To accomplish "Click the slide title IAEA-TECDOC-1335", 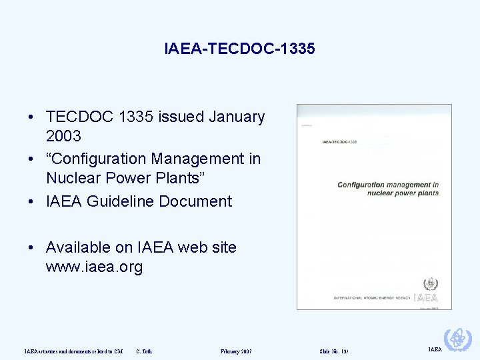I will [239, 49].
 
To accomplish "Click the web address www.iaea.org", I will [94, 268].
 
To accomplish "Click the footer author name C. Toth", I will [144, 351].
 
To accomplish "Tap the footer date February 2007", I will [236, 351].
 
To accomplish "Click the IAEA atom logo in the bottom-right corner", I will [457, 340].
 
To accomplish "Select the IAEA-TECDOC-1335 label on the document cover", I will [339, 142].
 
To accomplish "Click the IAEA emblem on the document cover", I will [425, 284].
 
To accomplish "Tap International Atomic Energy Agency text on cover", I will [372, 297].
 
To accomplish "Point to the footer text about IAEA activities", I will [73, 351].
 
